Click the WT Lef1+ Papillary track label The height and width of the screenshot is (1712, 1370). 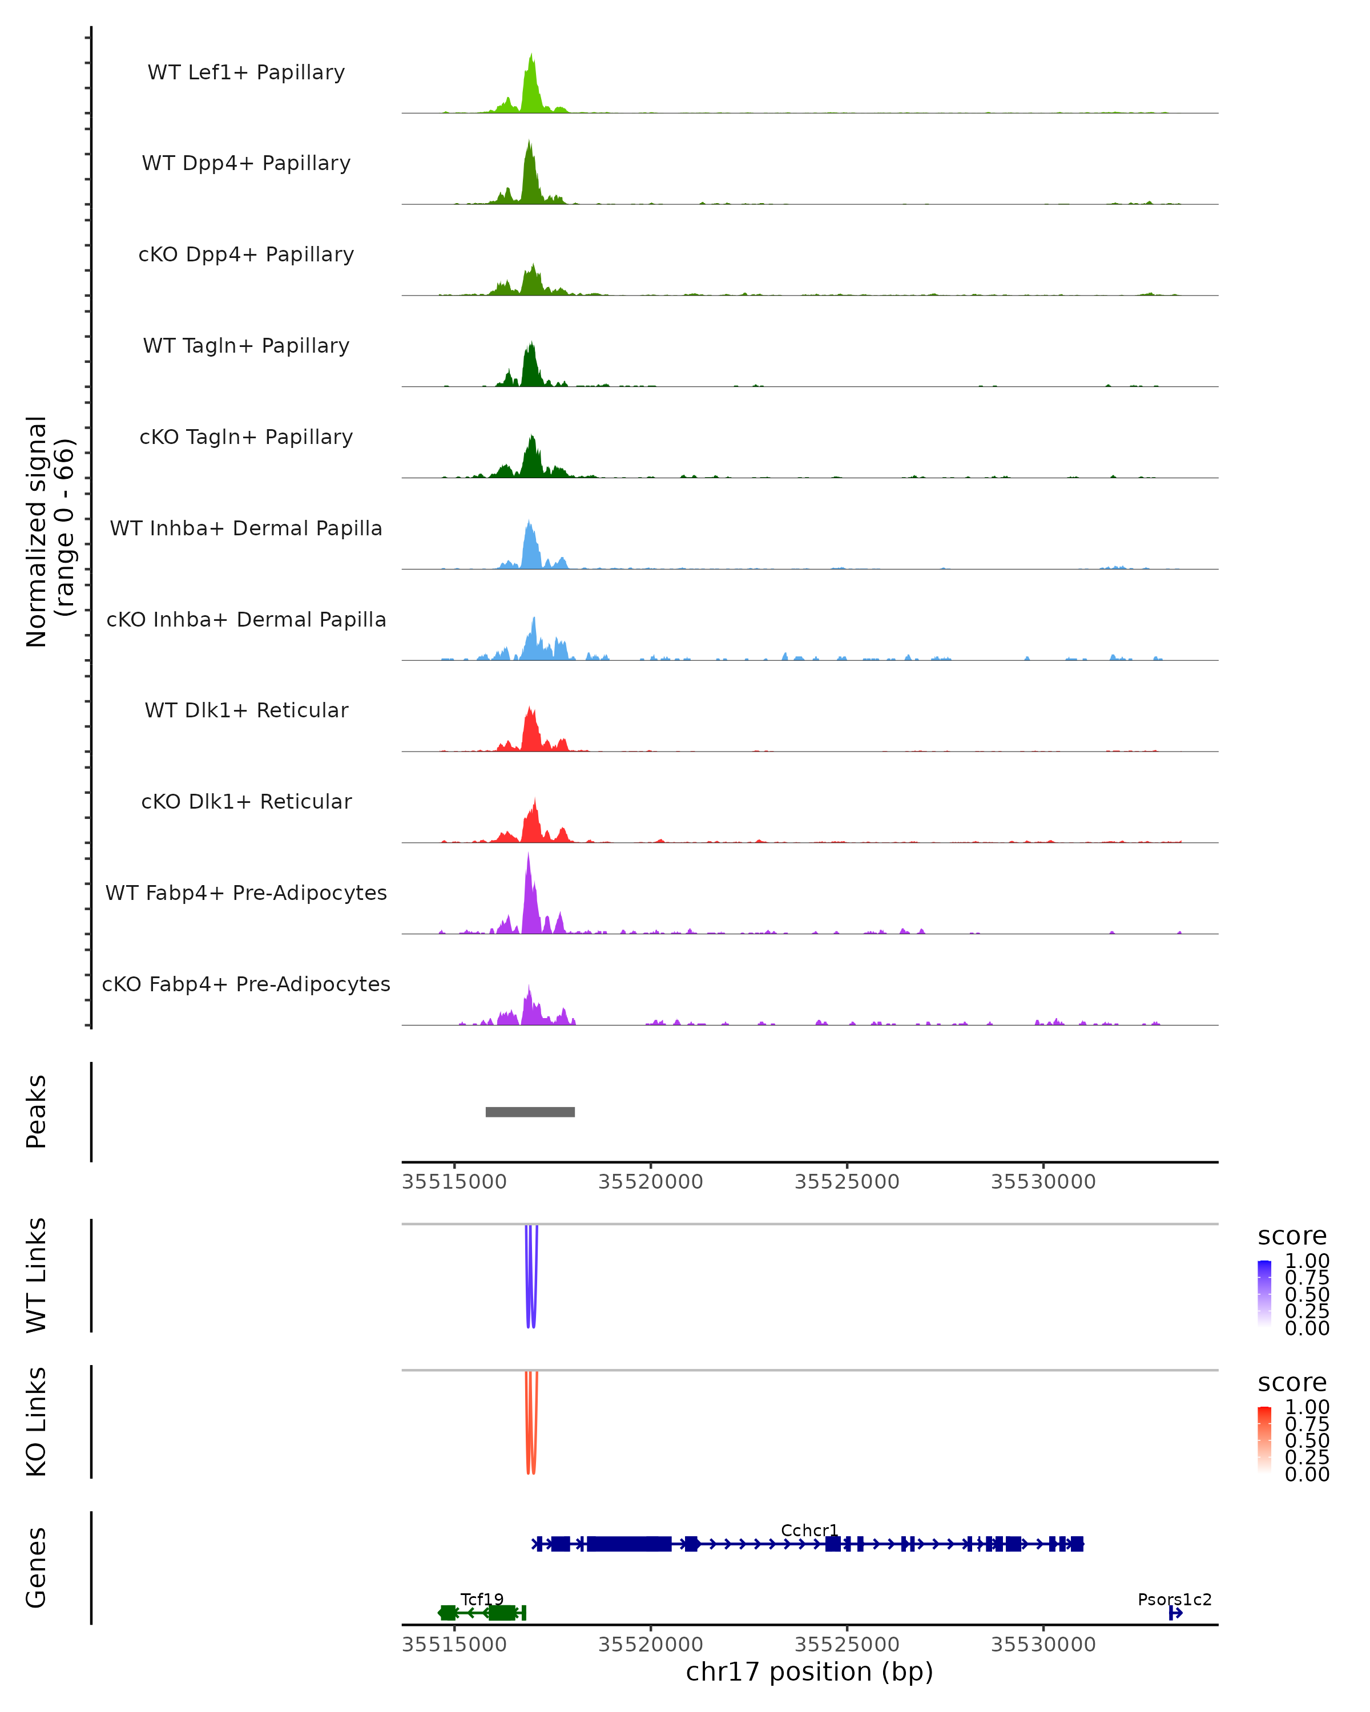pyautogui.click(x=246, y=72)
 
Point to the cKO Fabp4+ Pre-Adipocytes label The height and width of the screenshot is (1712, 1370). pyautogui.click(x=246, y=984)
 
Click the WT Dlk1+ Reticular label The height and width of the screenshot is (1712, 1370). pyautogui.click(x=246, y=710)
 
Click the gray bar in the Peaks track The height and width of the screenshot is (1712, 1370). pyautogui.click(x=530, y=1112)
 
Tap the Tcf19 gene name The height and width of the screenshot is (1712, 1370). pyautogui.click(x=482, y=1599)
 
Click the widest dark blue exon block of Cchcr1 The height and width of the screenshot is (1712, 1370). pyautogui.click(x=629, y=1544)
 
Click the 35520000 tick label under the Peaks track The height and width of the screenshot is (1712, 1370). pyautogui.click(x=650, y=1182)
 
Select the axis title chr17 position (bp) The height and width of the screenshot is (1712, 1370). pyautogui.click(x=809, y=1671)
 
